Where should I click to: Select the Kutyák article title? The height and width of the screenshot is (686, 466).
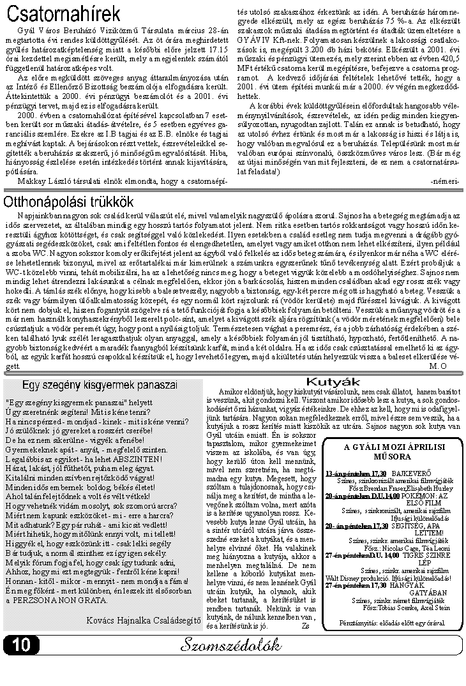[333, 382]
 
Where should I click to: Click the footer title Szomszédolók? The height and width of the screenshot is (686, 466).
[230, 645]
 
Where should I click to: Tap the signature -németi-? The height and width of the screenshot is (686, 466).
[445, 181]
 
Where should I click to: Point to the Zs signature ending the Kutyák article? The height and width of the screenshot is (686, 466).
[304, 626]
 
